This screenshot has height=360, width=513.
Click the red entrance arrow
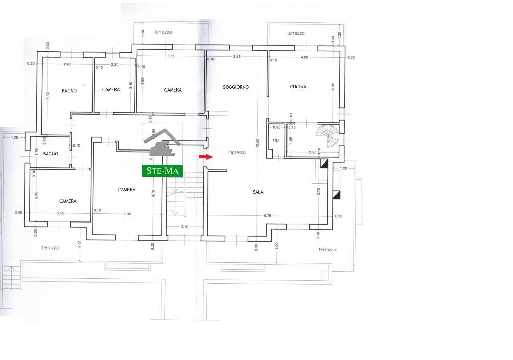pyautogui.click(x=206, y=157)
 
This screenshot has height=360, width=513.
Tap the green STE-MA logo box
pyautogui.click(x=162, y=171)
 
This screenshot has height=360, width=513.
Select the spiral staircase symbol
pyautogui.click(x=328, y=136)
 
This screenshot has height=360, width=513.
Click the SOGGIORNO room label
pyautogui.click(x=236, y=87)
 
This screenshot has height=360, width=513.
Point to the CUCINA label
pyautogui.click(x=298, y=87)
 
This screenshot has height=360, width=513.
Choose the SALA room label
pyautogui.click(x=258, y=192)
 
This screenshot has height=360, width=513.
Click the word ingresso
pyautogui.click(x=237, y=152)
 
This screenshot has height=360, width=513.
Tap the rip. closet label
pyautogui.click(x=276, y=140)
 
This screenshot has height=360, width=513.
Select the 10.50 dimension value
pyautogui.click(x=258, y=143)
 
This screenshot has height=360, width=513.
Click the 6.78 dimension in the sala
pyautogui.click(x=267, y=216)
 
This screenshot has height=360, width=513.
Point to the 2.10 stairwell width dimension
pyautogui.click(x=185, y=227)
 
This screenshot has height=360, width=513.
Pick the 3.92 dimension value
pyautogui.click(x=127, y=214)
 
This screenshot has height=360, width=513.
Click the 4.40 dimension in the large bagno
pyautogui.click(x=47, y=96)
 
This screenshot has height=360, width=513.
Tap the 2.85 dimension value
pyautogui.click(x=67, y=64)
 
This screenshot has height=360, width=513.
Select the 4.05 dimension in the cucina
pyautogui.click(x=333, y=87)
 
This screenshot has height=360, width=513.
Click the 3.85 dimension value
pyautogui.click(x=171, y=56)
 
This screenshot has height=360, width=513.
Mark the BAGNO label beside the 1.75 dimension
pyautogui.click(x=50, y=154)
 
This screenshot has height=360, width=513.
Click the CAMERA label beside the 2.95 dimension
pyautogui.click(x=68, y=201)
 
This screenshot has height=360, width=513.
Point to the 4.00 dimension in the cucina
pyautogui.click(x=304, y=57)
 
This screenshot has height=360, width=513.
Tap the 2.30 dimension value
pyautogui.click(x=115, y=65)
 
